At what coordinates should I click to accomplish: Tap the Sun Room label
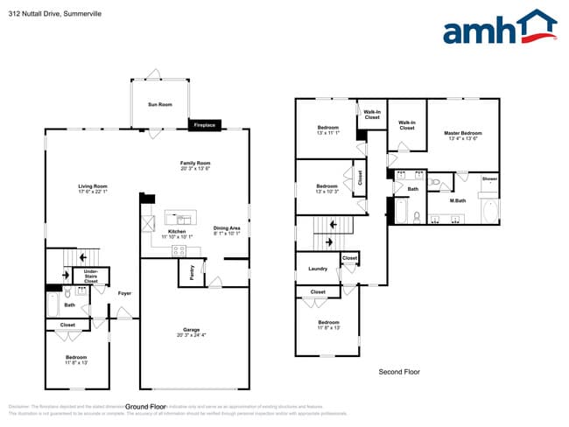click(x=159, y=105)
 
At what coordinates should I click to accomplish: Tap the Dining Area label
click(x=226, y=231)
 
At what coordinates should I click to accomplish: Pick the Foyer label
click(x=124, y=293)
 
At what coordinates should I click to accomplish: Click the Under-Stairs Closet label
click(x=90, y=276)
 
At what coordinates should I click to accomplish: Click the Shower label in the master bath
click(x=489, y=178)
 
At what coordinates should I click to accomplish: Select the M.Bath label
click(x=457, y=201)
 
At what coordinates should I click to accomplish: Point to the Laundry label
click(x=318, y=269)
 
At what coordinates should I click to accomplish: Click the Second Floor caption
click(x=398, y=372)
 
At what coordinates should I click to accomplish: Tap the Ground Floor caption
click(x=145, y=407)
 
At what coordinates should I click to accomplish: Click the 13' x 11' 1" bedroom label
click(x=329, y=130)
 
